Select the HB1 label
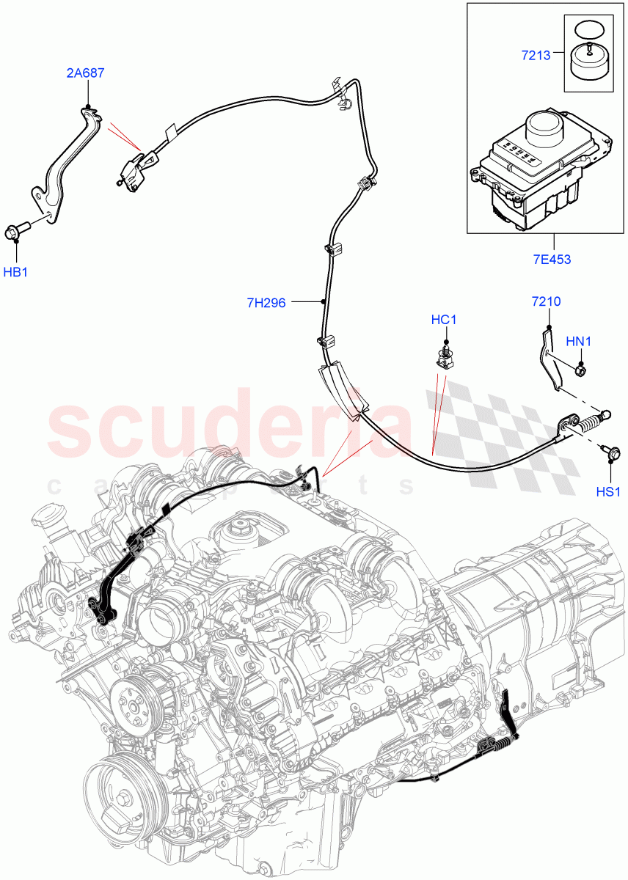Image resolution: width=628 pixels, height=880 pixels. (x=15, y=272)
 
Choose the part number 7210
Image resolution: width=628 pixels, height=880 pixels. (x=546, y=301)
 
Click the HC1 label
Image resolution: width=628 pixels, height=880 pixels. (x=444, y=320)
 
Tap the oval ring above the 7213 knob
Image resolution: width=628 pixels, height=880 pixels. (x=588, y=30)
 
